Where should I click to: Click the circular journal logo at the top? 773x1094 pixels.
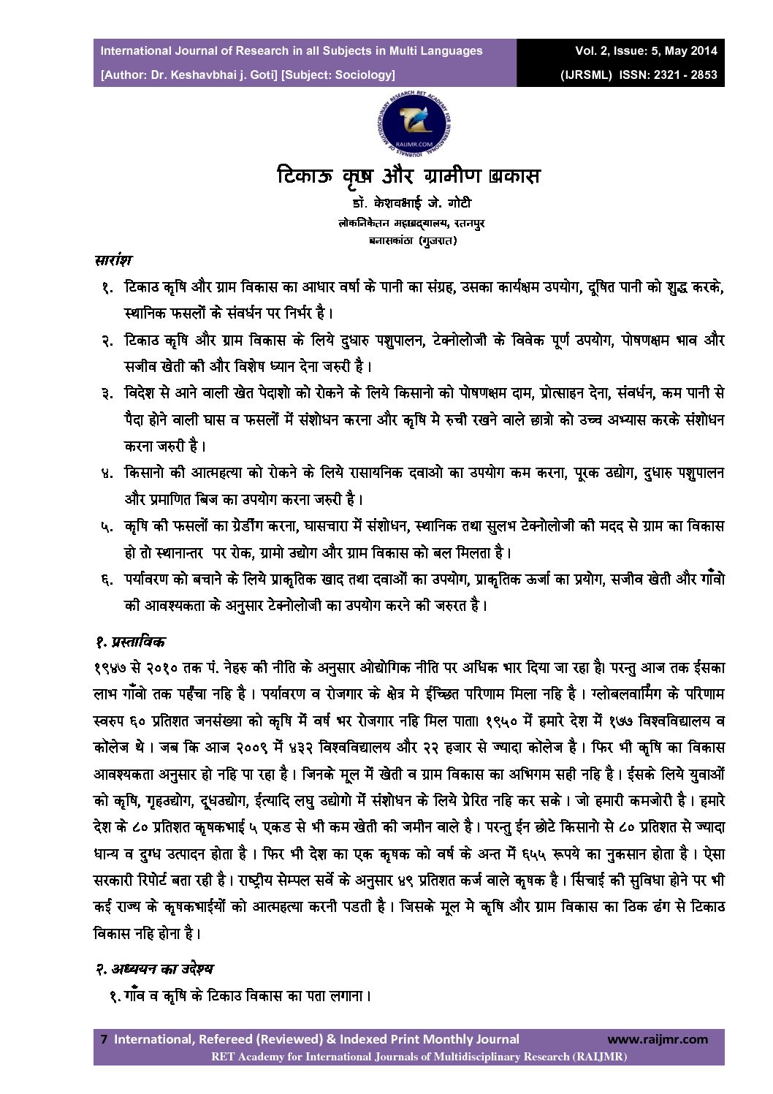tap(414, 122)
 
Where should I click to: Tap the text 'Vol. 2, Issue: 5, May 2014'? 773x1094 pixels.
tap(646, 50)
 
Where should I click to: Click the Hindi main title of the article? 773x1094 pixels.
tap(408, 176)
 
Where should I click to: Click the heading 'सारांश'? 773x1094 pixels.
tap(113, 260)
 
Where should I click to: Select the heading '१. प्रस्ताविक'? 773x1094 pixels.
tap(130, 642)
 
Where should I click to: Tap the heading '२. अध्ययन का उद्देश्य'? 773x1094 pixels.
tap(154, 969)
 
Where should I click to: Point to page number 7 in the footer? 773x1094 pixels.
tap(104, 1039)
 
